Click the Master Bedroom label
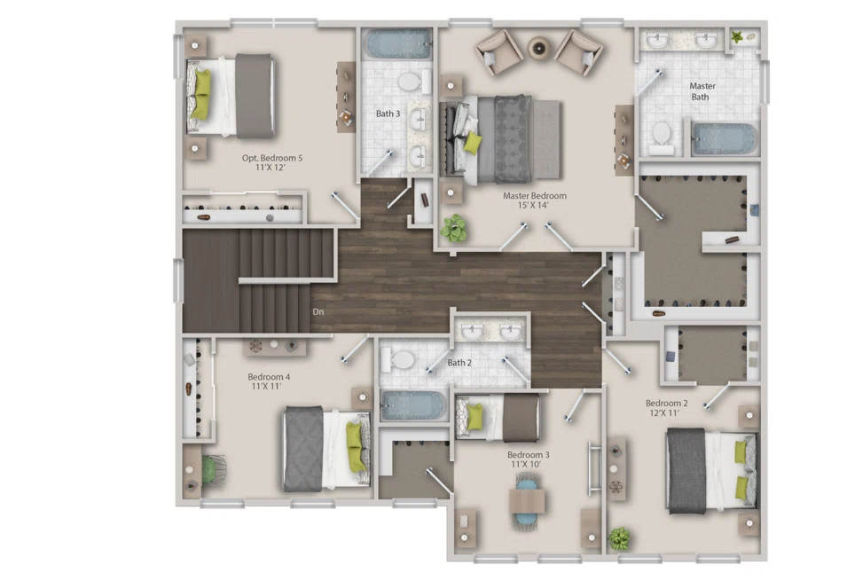tap(534, 196)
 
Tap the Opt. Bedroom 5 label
tap(272, 158)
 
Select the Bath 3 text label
tap(388, 114)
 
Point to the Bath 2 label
tap(459, 363)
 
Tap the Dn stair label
tap(318, 312)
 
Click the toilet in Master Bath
tap(662, 136)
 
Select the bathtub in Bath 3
tap(396, 43)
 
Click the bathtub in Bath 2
tap(413, 405)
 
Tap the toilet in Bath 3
tap(409, 82)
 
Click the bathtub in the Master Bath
tap(725, 139)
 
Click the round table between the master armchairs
tap(540, 48)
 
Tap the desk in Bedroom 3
tap(526, 502)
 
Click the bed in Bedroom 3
tap(498, 417)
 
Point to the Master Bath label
tap(702, 91)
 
